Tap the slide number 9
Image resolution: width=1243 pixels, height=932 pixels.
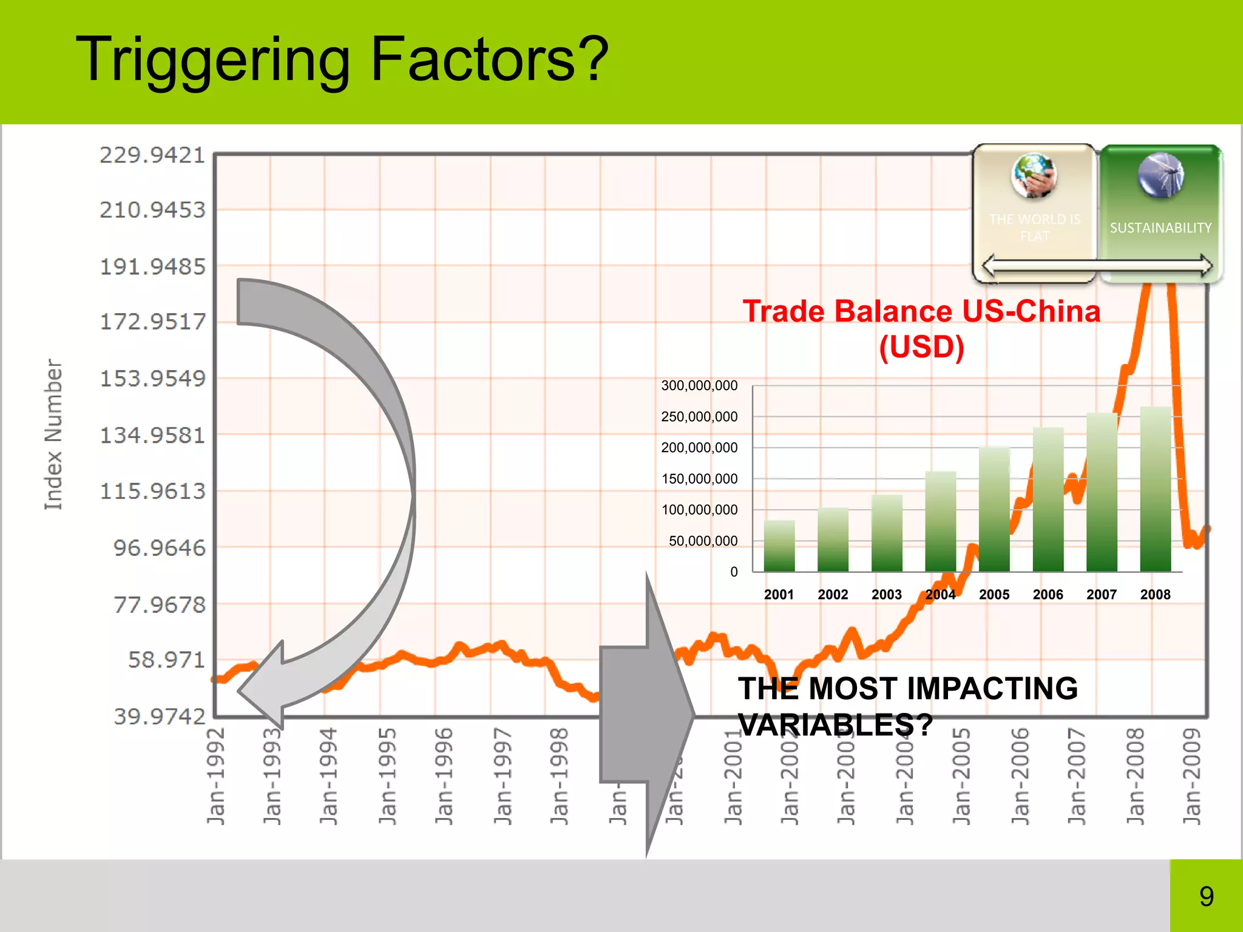click(1206, 896)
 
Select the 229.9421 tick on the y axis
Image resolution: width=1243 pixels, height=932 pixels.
click(153, 155)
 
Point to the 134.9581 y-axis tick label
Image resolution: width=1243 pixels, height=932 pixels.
click(153, 435)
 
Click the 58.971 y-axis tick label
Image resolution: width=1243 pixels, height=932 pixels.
click(167, 660)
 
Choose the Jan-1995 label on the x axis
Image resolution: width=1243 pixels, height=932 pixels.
click(387, 777)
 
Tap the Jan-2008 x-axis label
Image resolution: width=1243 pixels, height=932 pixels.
click(1134, 777)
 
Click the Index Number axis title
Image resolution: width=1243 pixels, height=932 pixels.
click(53, 434)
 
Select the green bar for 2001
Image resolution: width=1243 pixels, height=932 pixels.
click(779, 546)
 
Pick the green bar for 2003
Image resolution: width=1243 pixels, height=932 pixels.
click(887, 534)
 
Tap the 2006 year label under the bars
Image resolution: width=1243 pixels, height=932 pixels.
click(1048, 595)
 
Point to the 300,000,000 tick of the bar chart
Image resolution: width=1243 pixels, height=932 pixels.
click(699, 385)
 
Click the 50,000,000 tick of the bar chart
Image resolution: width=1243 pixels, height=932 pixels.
click(703, 541)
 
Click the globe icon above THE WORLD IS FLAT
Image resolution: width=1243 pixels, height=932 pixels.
click(1034, 175)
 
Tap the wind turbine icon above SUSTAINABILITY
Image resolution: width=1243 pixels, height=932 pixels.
click(1160, 175)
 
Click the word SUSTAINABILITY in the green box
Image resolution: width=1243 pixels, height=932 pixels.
click(1160, 228)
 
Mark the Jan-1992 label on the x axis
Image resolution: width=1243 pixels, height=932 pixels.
click(216, 777)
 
